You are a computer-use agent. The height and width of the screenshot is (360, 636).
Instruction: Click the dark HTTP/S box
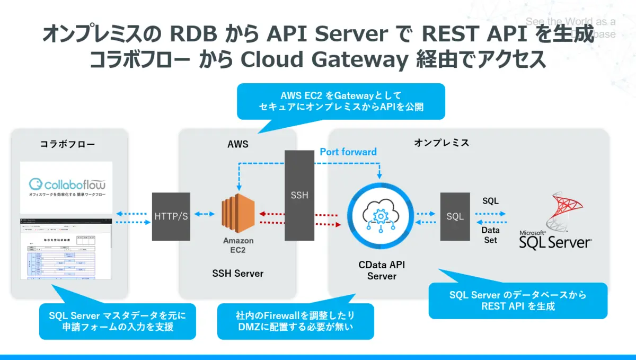pyautogui.click(x=171, y=216)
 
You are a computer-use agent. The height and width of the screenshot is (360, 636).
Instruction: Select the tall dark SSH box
pyautogui.click(x=299, y=195)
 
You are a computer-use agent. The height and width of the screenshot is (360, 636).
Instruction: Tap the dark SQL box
pyautogui.click(x=455, y=216)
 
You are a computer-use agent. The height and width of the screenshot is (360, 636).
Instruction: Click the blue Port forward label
pyautogui.click(x=348, y=152)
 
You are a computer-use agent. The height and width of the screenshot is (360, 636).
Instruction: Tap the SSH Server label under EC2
pyautogui.click(x=238, y=274)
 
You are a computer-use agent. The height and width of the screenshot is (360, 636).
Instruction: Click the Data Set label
pyautogui.click(x=490, y=235)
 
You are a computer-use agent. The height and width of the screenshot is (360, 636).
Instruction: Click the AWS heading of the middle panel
pyautogui.click(x=237, y=144)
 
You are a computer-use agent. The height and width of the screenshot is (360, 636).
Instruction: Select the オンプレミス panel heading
pyautogui.click(x=441, y=143)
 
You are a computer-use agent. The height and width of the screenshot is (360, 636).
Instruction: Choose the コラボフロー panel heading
pyautogui.click(x=67, y=144)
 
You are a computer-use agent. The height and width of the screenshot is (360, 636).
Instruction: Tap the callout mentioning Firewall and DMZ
pyautogui.click(x=296, y=321)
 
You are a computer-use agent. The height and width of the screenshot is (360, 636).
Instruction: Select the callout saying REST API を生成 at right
pyautogui.click(x=518, y=300)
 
